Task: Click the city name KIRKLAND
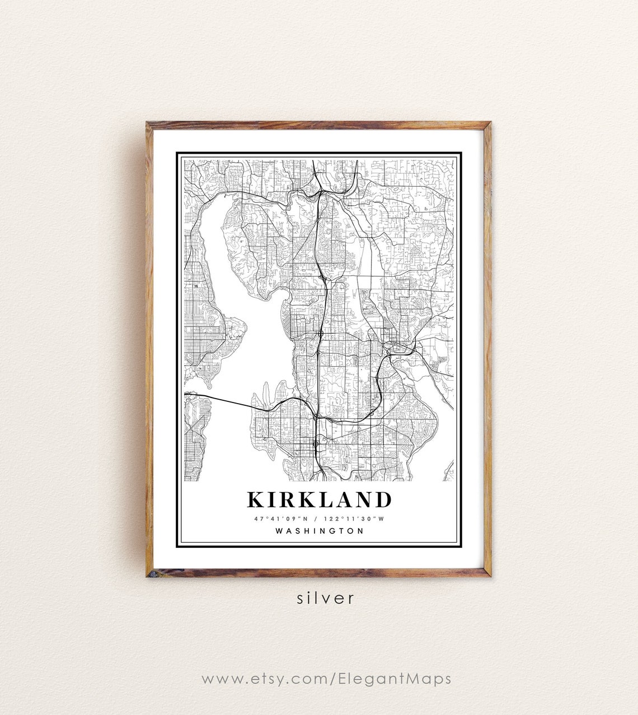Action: pyautogui.click(x=319, y=499)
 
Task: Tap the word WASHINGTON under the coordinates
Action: pyautogui.click(x=319, y=531)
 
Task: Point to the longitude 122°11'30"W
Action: pyautogui.click(x=358, y=518)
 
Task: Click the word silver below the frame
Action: pyautogui.click(x=326, y=598)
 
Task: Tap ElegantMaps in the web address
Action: pyautogui.click(x=395, y=679)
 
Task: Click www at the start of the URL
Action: pyautogui.click(x=215, y=680)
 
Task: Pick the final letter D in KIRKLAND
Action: pyautogui.click(x=382, y=499)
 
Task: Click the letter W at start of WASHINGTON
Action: pyautogui.click(x=279, y=531)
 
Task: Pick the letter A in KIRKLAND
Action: pyautogui.click(x=345, y=499)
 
